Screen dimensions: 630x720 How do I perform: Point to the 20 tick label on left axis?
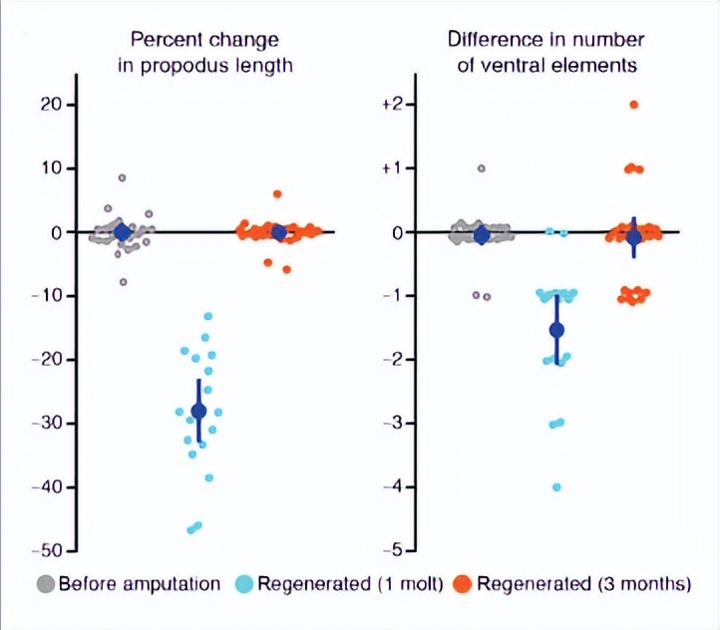(x=51, y=105)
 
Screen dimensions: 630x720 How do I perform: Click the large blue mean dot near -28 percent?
(x=198, y=411)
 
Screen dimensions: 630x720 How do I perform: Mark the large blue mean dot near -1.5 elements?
(x=556, y=330)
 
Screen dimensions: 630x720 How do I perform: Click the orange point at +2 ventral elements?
(x=633, y=105)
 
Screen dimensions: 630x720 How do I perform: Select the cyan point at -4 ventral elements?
(x=556, y=487)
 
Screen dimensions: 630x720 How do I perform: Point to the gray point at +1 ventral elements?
(x=482, y=168)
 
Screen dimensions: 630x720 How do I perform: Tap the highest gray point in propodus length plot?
(x=123, y=177)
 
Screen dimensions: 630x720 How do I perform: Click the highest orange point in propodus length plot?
(x=277, y=194)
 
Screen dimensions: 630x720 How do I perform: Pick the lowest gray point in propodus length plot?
(x=124, y=282)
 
